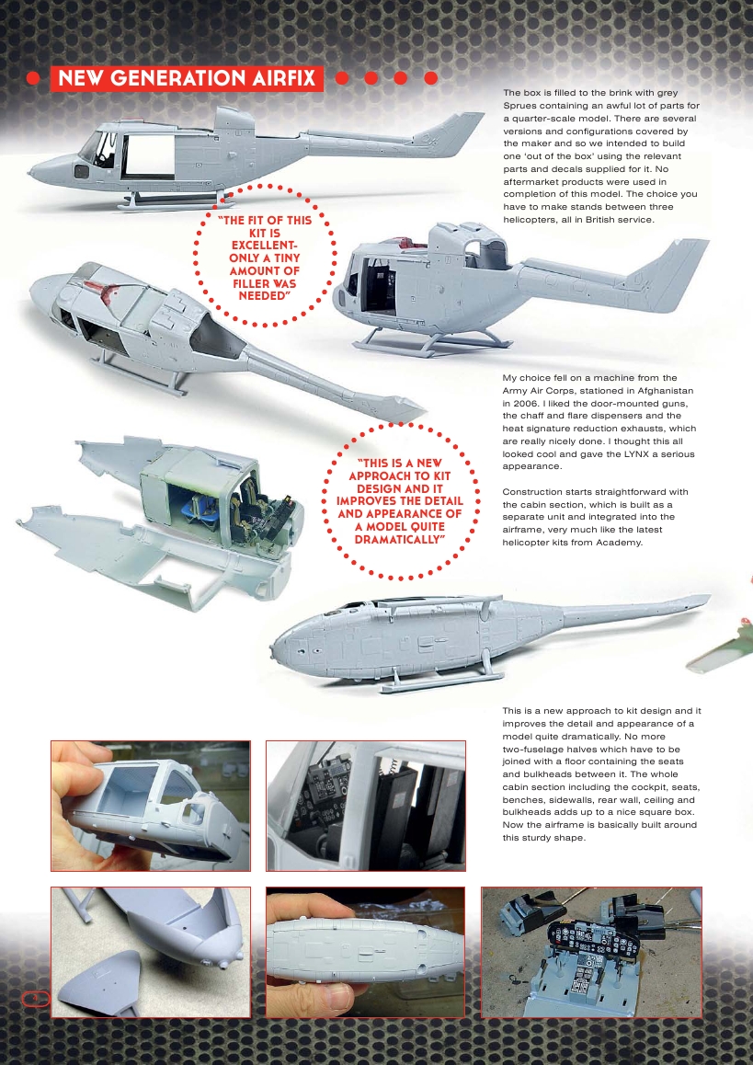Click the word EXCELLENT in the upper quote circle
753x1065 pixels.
point(252,246)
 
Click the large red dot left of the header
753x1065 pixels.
point(33,79)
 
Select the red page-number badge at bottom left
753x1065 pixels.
point(33,998)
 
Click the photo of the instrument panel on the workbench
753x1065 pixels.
point(591,951)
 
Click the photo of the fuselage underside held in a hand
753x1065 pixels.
point(365,951)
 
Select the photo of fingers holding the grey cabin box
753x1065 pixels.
point(150,806)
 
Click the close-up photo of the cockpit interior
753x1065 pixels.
point(365,806)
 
